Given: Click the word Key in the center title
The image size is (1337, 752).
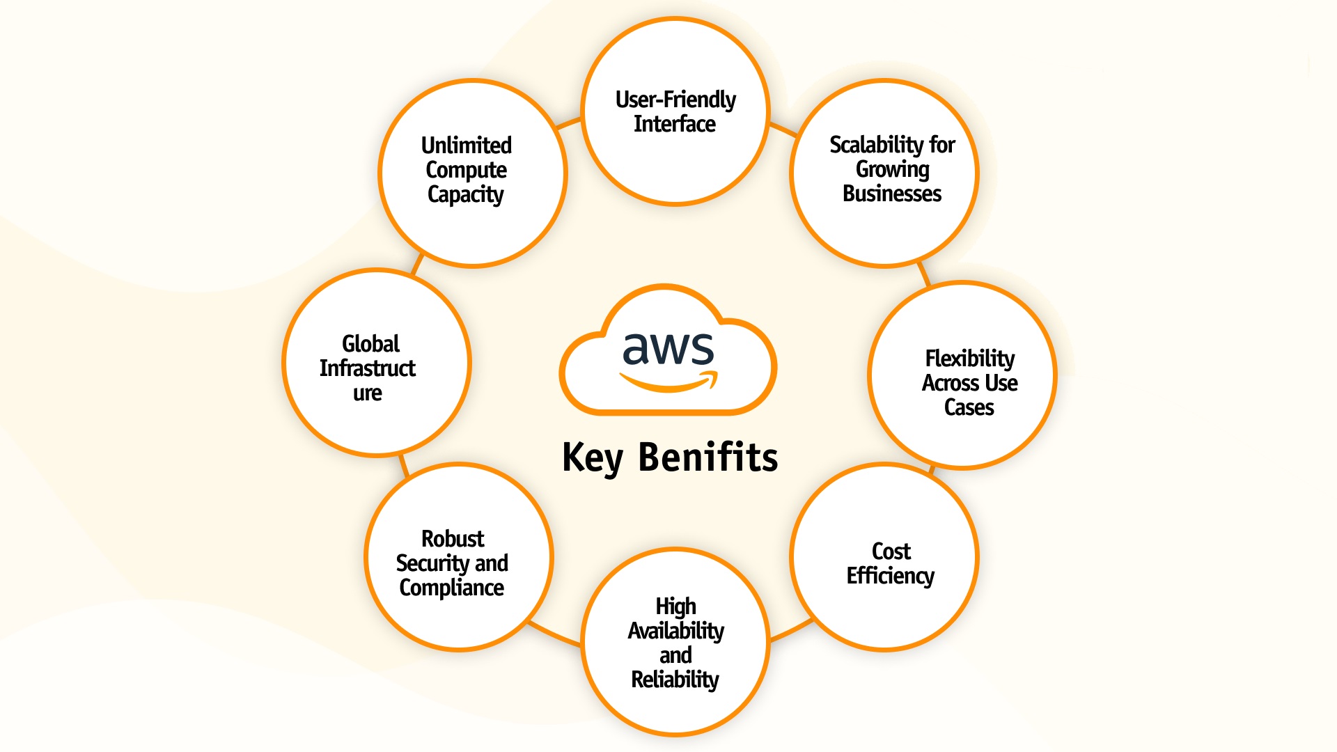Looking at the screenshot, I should point(592,458).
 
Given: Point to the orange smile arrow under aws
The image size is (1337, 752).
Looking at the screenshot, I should point(668,382).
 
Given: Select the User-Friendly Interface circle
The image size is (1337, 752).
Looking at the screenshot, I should point(675,111).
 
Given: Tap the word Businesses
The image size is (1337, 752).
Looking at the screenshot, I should point(891,194).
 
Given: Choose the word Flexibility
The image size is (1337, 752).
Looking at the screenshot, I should point(969,359).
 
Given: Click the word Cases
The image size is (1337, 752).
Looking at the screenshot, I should point(969,407).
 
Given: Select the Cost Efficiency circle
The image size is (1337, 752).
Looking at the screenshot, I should point(884,557).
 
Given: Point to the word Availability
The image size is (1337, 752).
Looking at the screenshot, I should point(675,631).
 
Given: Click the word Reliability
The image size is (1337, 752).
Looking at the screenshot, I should point(675,680).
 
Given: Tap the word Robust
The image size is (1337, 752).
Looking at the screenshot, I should point(453,539).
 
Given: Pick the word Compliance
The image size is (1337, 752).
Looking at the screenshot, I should point(451,588).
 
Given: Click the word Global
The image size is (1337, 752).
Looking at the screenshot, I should point(370,344).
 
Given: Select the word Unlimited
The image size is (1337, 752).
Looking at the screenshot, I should point(466,146).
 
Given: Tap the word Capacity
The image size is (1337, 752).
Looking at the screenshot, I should point(465,194).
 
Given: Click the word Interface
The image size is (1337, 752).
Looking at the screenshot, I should point(674,124).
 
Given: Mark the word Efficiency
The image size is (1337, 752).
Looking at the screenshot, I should point(890,576).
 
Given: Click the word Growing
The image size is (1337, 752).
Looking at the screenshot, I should point(892,169).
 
